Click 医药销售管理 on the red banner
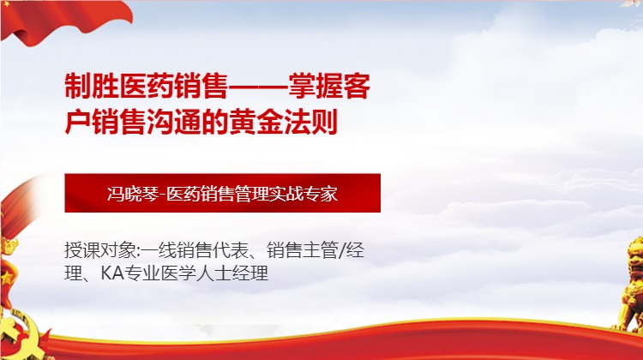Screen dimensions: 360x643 point(221,193)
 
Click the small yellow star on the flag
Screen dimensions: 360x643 point(8,274)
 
